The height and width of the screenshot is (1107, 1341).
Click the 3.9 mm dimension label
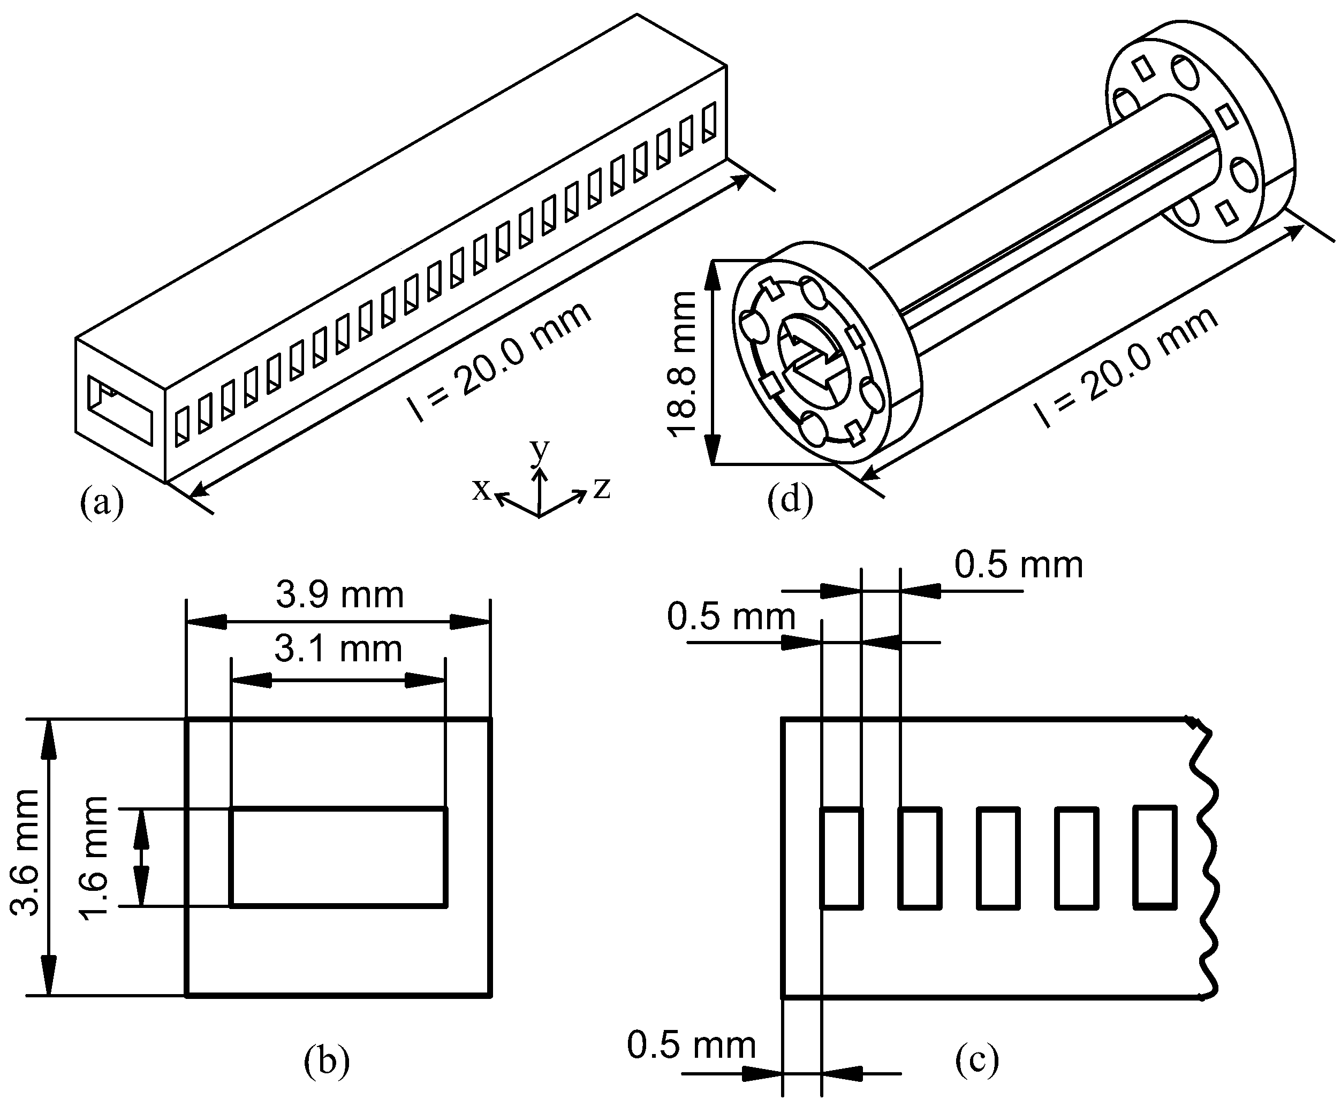339,596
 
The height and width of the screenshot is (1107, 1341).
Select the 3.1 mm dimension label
338,650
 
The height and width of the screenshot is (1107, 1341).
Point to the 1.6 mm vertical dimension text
93,858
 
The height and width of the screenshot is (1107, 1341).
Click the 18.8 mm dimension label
681,363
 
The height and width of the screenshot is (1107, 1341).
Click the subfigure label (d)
790,499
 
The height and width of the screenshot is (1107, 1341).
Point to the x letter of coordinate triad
481,490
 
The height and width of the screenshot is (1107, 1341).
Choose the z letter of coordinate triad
602,488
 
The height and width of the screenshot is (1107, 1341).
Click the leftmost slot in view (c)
841,858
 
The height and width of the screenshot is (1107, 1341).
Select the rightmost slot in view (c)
1155,858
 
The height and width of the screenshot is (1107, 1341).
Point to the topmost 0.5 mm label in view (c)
1018,565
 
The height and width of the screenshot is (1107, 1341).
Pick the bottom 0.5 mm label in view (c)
691,1046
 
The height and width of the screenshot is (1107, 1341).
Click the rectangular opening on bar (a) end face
120,409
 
